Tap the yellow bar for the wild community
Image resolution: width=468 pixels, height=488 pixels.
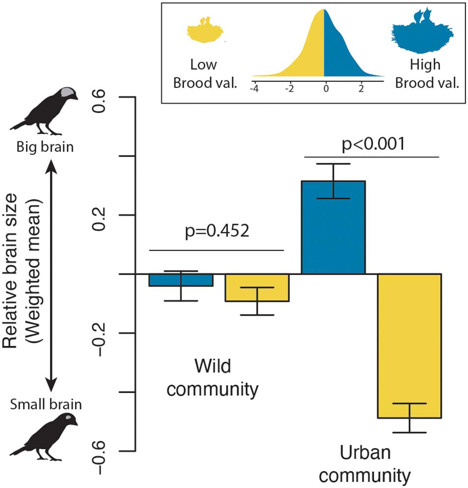[x=257, y=287]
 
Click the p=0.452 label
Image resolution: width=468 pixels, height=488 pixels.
[x=217, y=230]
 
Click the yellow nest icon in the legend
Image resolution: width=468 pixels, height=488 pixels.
[x=205, y=32]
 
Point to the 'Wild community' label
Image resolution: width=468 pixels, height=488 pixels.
[x=216, y=378]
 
